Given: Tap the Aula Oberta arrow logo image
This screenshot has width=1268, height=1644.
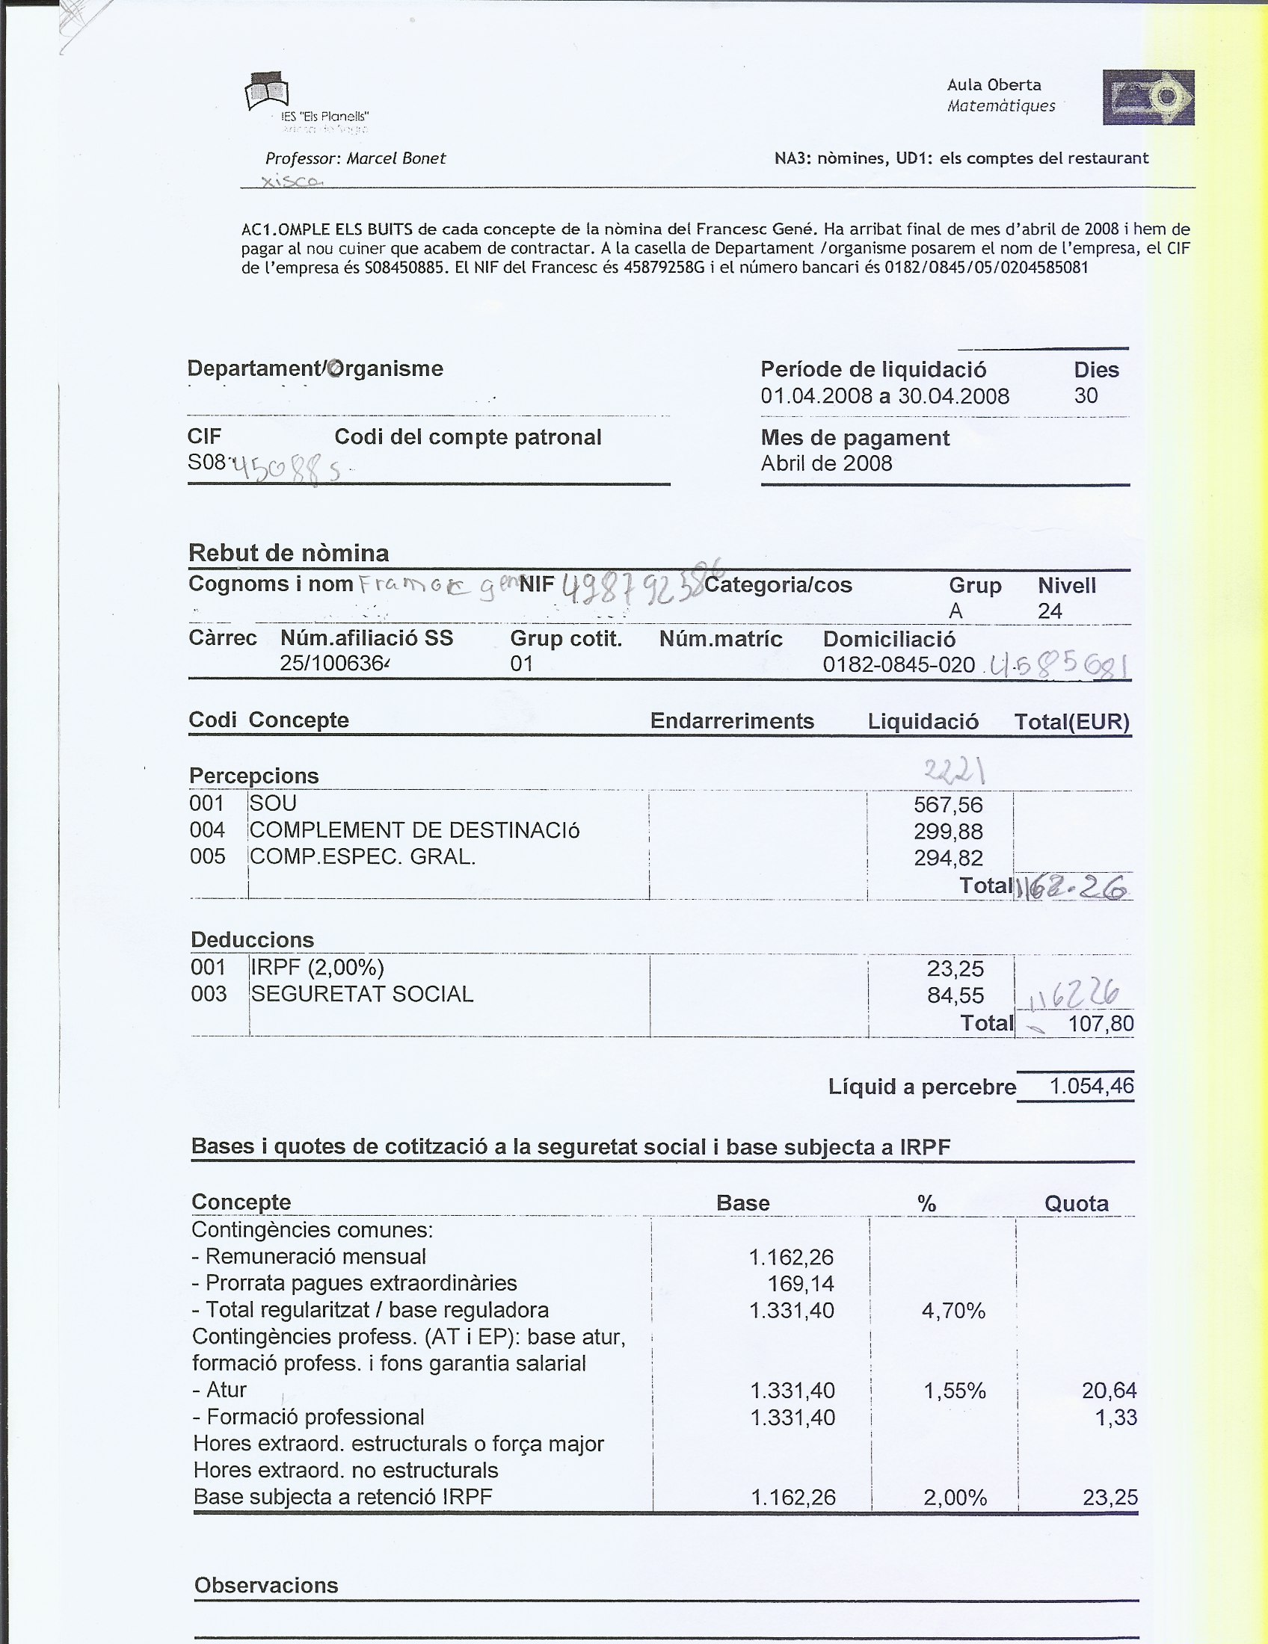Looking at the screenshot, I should pos(1148,97).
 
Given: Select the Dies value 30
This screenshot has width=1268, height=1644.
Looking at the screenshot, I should pos(1086,395).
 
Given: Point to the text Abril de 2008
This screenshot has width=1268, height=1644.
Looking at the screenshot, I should pos(826,463).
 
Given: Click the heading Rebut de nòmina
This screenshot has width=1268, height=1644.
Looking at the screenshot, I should pos(289,552).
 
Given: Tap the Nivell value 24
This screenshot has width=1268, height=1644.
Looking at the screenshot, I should pos(1050,611).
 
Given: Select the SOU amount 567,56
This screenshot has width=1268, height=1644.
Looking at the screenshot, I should pos(948,805).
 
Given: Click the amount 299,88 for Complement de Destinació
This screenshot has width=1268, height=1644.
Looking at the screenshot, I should pos(948,832).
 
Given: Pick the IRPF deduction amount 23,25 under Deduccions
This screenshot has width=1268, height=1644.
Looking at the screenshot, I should pos(955,968).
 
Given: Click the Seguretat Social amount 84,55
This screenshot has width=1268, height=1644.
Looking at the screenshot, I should pos(955,996).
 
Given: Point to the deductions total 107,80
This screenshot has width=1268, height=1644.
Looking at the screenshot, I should pos(1100,1024).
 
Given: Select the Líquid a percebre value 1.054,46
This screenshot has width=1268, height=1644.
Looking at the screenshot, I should pos(1091,1087).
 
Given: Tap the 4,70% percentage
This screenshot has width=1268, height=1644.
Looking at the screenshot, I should pos(953,1311).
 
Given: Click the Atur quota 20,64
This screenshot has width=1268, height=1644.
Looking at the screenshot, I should pos(1109,1391).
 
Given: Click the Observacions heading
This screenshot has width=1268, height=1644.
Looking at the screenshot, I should pos(266,1585).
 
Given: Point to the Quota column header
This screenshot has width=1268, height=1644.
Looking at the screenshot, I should pos(1076,1204).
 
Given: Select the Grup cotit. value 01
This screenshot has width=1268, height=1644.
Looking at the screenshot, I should pos(521,664).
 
